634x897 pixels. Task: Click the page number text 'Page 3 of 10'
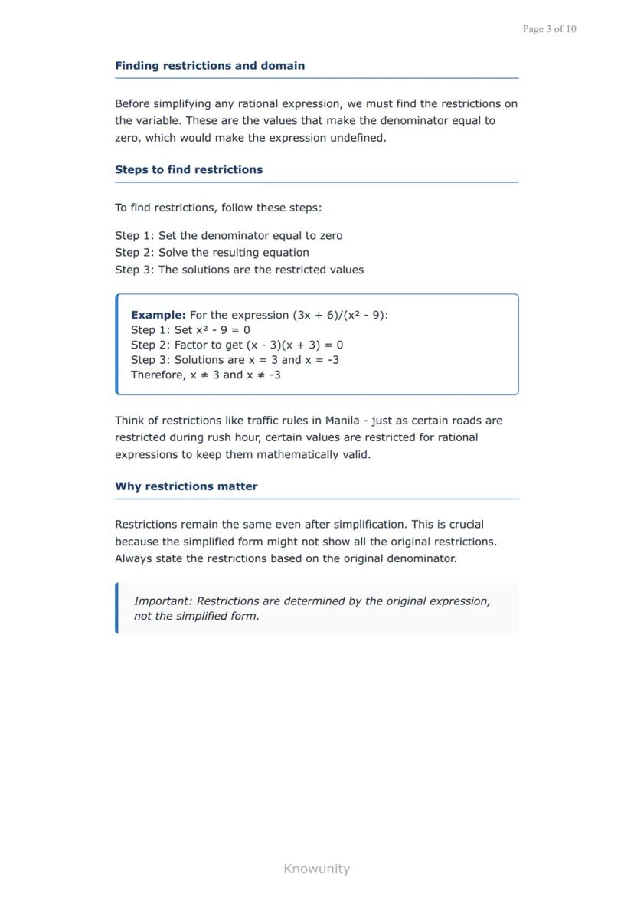[549, 29]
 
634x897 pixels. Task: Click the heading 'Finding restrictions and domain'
[210, 66]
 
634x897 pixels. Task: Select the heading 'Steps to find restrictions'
[188, 170]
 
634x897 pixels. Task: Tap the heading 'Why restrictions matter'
[186, 486]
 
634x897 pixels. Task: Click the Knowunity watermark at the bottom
[316, 869]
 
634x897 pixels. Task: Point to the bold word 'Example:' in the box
[158, 315]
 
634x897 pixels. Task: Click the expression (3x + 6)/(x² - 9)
[338, 315]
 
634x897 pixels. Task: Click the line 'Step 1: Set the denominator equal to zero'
[228, 236]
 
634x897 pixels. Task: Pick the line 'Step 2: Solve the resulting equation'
[212, 253]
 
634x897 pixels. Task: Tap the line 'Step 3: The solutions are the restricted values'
[239, 270]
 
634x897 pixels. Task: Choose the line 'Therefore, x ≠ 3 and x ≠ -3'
[205, 375]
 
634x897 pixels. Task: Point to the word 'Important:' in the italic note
[163, 601]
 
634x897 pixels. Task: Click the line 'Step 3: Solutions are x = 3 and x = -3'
[234, 360]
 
